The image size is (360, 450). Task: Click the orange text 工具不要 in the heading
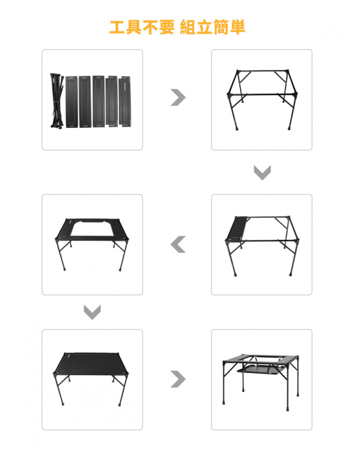click(x=141, y=27)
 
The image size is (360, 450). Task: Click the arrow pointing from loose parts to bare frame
click(x=177, y=97)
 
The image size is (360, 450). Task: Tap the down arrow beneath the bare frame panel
click(x=262, y=173)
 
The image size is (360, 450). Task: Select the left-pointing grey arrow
click(x=177, y=244)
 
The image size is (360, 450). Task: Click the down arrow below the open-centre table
click(x=92, y=312)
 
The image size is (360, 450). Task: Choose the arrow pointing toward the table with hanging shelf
click(x=177, y=379)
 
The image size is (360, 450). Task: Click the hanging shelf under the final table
click(x=256, y=371)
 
